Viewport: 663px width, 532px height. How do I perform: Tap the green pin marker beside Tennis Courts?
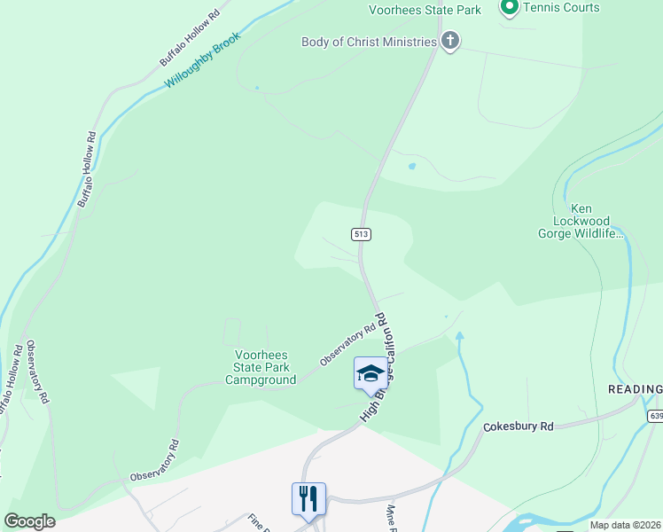pos(510,8)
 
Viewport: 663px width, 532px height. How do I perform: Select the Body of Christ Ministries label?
pos(369,42)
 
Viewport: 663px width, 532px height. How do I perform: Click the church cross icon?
pos(450,41)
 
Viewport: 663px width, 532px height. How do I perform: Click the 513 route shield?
pos(360,234)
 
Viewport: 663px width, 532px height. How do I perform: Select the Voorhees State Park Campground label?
pos(261,367)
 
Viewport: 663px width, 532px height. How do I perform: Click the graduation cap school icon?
pos(370,372)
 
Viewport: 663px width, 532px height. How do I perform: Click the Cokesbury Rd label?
pos(519,426)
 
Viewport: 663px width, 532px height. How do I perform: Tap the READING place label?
pos(635,390)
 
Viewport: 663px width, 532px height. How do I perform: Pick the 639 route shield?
pos(655,416)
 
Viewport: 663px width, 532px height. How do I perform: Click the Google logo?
pos(29,521)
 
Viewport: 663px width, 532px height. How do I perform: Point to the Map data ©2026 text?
pos(624,525)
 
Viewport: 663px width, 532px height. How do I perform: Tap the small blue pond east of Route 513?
pos(411,166)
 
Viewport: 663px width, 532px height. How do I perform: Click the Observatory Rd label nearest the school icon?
pos(342,345)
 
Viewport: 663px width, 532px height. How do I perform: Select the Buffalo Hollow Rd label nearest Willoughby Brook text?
pos(189,39)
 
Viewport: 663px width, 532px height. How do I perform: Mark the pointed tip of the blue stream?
pos(459,333)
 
